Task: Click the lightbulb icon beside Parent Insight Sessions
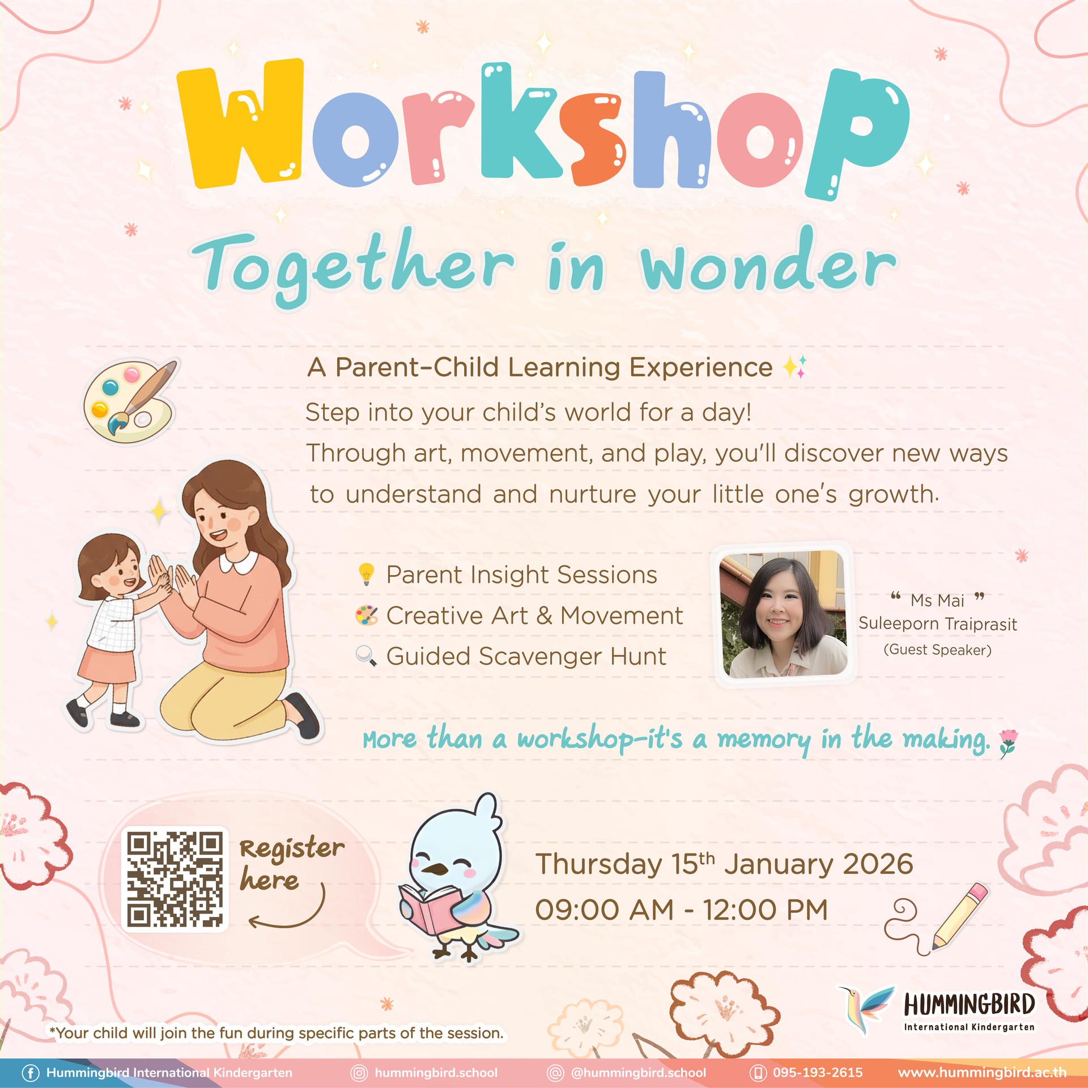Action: point(367,574)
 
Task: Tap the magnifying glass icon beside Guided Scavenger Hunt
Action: point(366,656)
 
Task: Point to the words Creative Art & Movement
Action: point(534,615)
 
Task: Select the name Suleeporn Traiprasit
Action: point(937,624)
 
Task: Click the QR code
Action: point(175,879)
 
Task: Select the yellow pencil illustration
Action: point(960,915)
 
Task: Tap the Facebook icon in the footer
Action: point(31,1073)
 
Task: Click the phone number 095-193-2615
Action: point(817,1073)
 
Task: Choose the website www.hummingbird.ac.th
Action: point(981,1073)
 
